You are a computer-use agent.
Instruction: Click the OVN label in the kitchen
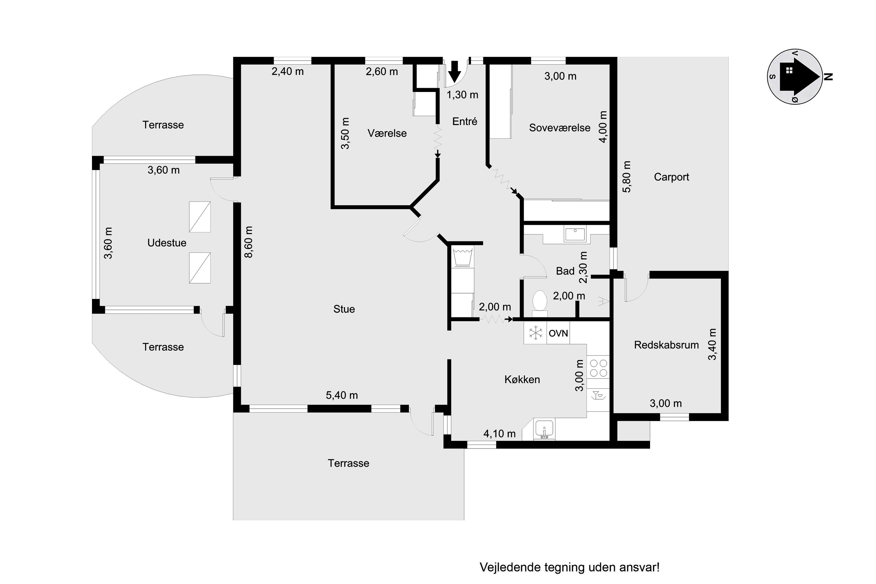(558, 333)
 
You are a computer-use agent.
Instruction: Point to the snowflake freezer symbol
(536, 333)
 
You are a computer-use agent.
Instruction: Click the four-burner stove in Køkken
(598, 368)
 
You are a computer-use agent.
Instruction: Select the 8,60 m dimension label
(248, 242)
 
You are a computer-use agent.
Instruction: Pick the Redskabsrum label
(666, 345)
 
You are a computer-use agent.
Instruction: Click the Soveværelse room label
(559, 128)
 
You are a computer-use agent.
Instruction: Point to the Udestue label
(166, 243)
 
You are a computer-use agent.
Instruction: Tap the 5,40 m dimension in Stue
(342, 395)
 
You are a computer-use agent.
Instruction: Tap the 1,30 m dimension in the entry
(462, 95)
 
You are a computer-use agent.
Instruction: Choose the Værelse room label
(387, 133)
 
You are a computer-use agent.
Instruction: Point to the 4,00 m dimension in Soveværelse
(603, 127)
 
